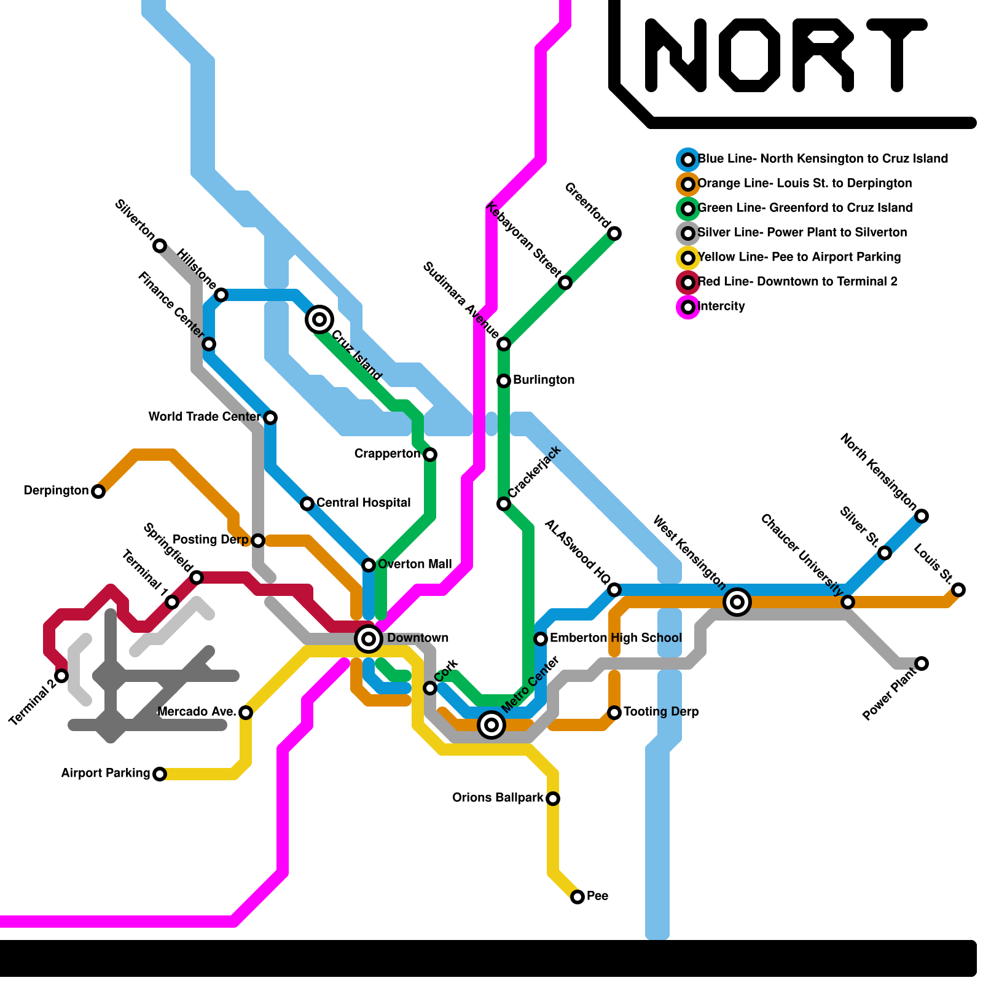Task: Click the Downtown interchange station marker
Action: pos(369,639)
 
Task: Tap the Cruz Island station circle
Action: pos(319,319)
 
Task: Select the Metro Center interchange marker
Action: pos(491,725)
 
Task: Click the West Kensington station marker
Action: pos(737,602)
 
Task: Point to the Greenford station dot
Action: pos(614,233)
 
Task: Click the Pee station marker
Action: pos(578,897)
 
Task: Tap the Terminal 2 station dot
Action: pos(61,676)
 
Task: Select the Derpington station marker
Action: pos(98,491)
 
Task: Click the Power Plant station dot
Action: pos(922,664)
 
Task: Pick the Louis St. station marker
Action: pos(958,590)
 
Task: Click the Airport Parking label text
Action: pos(106,773)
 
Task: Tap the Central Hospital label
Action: pos(363,503)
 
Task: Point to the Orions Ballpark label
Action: pos(498,797)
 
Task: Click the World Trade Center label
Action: pos(205,417)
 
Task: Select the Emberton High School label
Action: pos(616,638)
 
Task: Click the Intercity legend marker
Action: pos(688,307)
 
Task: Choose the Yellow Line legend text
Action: pos(799,257)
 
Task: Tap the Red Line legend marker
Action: pos(688,283)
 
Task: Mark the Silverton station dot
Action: pos(160,246)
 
